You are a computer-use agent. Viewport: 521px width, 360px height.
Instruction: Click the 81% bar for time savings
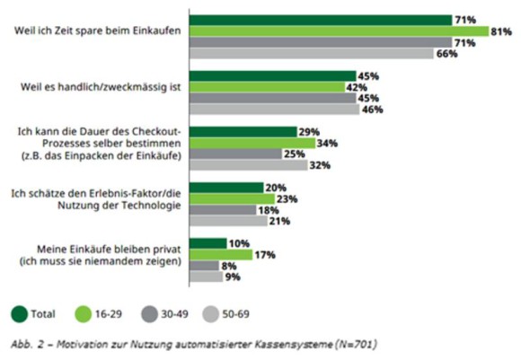coord(339,31)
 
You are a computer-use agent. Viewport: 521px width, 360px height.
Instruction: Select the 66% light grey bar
coord(312,54)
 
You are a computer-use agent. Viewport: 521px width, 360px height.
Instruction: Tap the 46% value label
coord(373,110)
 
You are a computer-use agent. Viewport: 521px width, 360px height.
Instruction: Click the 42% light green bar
coord(267,87)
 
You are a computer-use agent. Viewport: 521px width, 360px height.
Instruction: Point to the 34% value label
coord(327,144)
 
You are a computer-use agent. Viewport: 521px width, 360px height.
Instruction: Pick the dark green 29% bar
coord(243,132)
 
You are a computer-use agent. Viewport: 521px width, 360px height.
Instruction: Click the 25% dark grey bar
coord(235,154)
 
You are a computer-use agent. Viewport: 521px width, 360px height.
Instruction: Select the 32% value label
coord(320,165)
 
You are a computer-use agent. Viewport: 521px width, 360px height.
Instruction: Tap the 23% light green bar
coord(232,199)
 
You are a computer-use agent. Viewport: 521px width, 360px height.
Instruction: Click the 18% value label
coord(269,210)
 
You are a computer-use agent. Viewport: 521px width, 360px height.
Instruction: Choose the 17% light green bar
coord(221,255)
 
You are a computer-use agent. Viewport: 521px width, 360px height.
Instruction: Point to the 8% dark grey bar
coord(204,266)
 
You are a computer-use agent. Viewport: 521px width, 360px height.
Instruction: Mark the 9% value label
coord(233,277)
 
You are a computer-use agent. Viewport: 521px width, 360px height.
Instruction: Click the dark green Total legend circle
coord(19,314)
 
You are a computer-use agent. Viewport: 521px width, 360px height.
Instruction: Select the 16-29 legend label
coord(109,314)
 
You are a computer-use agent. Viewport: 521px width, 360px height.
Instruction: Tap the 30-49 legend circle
coord(149,314)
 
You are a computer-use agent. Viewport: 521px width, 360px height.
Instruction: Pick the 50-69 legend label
coord(235,314)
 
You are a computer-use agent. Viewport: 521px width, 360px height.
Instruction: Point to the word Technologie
coord(152,206)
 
